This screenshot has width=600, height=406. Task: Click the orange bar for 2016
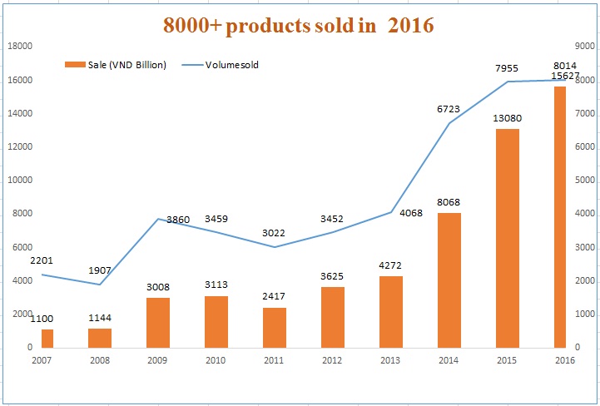(x=560, y=216)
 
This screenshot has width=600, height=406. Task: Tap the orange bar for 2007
(x=47, y=338)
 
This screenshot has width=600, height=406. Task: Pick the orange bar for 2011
(x=275, y=327)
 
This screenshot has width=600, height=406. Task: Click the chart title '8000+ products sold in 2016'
(x=298, y=26)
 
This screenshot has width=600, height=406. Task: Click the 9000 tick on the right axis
(x=585, y=47)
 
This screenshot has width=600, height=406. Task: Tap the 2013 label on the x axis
(x=390, y=360)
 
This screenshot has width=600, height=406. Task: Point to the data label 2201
(x=42, y=260)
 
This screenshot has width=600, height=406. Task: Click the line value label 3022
(x=274, y=232)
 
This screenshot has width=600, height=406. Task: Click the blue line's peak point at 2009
(x=158, y=219)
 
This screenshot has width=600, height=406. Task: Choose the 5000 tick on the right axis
(x=585, y=180)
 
